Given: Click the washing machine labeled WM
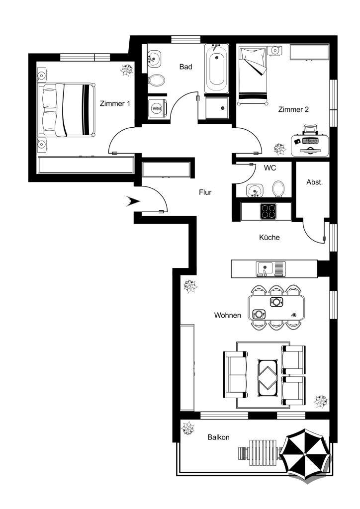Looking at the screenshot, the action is click(x=158, y=108).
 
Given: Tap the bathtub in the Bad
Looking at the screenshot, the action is click(x=217, y=69).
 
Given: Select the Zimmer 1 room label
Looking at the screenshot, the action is click(x=115, y=103).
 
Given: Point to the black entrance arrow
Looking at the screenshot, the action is click(x=133, y=201).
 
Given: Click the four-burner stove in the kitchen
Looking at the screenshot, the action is click(x=268, y=211).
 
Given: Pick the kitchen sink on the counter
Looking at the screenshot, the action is click(x=271, y=269).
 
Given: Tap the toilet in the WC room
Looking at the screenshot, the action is click(x=278, y=189).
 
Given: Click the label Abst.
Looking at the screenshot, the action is click(x=315, y=182).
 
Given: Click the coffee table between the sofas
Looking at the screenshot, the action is click(x=268, y=378).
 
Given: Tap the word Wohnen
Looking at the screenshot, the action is click(x=228, y=315).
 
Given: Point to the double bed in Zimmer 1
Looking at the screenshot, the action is click(x=67, y=110).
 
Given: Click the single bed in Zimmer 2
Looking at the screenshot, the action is click(x=253, y=76).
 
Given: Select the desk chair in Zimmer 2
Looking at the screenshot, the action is click(x=310, y=129).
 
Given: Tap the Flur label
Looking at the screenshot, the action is click(x=205, y=192).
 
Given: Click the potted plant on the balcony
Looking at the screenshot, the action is click(x=188, y=428).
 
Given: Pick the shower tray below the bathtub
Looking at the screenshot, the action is click(x=216, y=108).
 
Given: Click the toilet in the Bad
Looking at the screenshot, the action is click(x=157, y=80).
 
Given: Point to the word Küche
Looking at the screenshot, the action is click(x=269, y=237).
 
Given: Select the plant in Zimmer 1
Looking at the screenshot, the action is click(x=127, y=70).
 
